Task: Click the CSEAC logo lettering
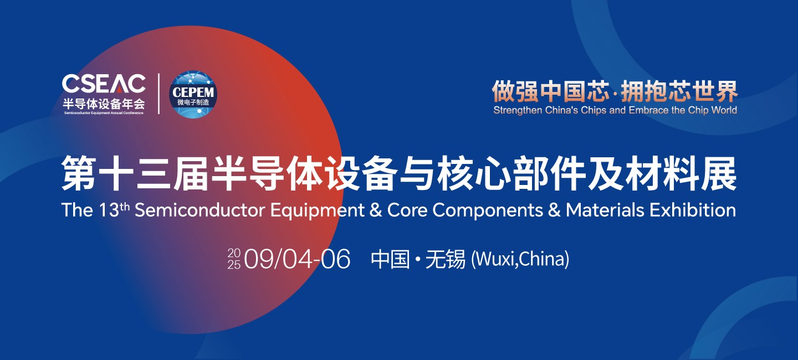point(104,84)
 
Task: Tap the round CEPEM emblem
point(193,94)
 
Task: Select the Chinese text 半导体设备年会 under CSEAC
point(104,104)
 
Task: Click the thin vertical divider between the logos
point(159,94)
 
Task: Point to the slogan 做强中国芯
point(551,91)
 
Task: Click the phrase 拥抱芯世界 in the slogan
point(679,91)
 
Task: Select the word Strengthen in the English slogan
point(518,110)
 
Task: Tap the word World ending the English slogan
point(724,110)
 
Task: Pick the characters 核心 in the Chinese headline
point(474,174)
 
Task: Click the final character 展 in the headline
point(719,174)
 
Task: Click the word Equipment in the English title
point(318,211)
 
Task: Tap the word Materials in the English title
point(605,210)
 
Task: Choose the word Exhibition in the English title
point(693,210)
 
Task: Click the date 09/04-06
point(298,259)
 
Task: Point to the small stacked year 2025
point(234,259)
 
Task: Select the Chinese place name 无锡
point(446,259)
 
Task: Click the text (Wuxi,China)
point(520,259)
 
